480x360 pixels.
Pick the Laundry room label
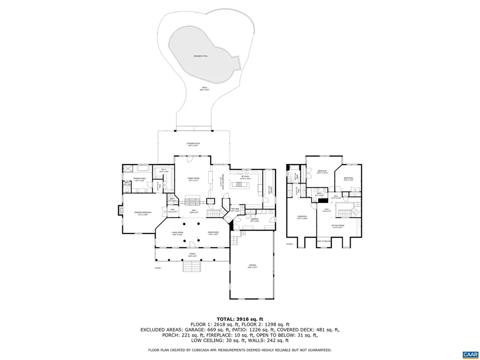click(x=255, y=219)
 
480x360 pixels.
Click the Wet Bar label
click(x=235, y=210)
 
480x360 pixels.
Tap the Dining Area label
click(x=213, y=233)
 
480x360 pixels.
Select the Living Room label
click(x=177, y=233)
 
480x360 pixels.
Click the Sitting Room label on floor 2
click(x=337, y=227)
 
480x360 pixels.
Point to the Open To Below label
click(x=323, y=241)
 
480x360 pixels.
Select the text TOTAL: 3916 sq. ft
click(x=240, y=319)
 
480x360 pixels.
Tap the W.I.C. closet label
click(x=164, y=170)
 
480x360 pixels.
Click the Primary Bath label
click(x=140, y=179)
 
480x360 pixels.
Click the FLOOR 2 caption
click(x=290, y=244)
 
